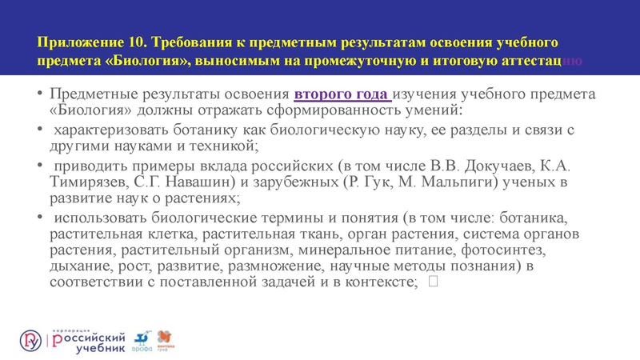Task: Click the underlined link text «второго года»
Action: (x=342, y=94)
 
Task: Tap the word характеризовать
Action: (x=112, y=130)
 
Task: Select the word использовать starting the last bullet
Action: (x=100, y=218)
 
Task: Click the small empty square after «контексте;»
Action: (x=433, y=282)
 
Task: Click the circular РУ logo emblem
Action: (x=32, y=340)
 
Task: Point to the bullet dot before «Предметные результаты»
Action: (x=39, y=94)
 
